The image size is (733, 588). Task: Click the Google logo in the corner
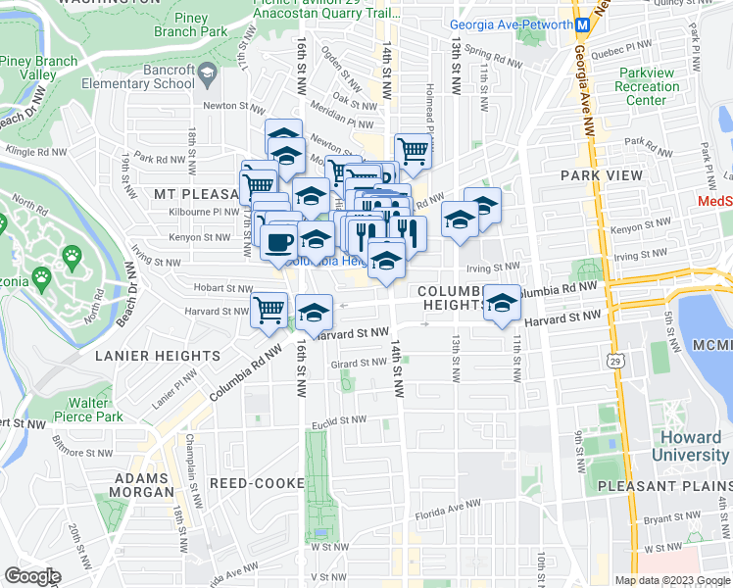click(x=32, y=576)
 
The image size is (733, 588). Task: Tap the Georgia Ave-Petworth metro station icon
click(x=581, y=24)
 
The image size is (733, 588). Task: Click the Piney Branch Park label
click(x=183, y=24)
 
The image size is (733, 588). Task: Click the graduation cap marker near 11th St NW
click(x=502, y=302)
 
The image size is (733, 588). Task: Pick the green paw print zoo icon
click(x=72, y=257)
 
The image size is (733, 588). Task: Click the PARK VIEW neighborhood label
click(x=601, y=176)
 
